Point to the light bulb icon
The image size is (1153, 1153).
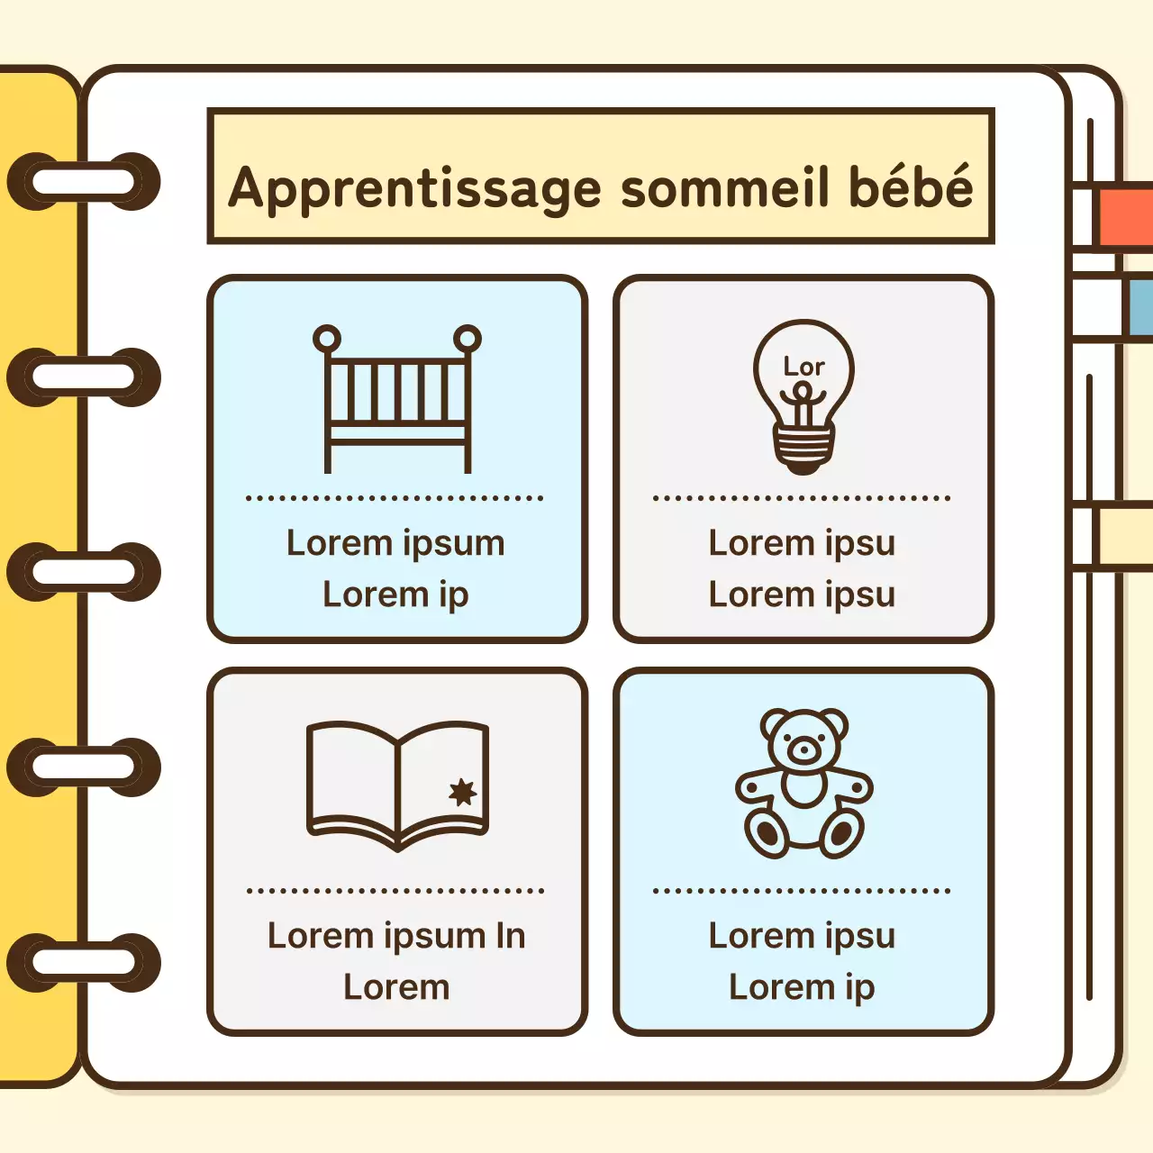click(x=803, y=396)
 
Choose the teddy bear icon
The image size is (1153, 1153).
click(x=803, y=783)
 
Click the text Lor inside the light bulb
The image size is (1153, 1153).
click(x=803, y=367)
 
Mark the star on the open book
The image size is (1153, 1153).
click(x=463, y=792)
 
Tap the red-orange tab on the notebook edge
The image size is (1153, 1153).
click(x=1125, y=216)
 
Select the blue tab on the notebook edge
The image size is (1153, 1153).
click(x=1139, y=306)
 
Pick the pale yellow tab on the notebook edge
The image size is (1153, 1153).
click(x=1124, y=537)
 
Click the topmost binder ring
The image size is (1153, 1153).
click(x=84, y=182)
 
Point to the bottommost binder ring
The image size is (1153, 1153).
click(x=84, y=963)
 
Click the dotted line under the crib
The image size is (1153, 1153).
click(x=395, y=497)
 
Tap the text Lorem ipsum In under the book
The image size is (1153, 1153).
click(x=396, y=936)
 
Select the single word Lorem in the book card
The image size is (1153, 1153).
click(x=396, y=987)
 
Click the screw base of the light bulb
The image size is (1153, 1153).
click(x=803, y=448)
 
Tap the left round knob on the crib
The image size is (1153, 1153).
click(x=327, y=340)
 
